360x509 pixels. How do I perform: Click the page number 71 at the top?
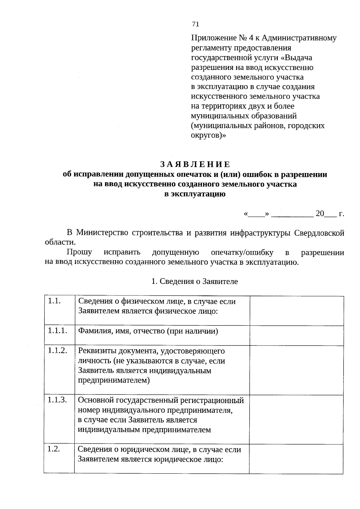[195, 24]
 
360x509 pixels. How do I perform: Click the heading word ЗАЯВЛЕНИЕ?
[195, 164]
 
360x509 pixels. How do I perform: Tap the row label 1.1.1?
[57, 331]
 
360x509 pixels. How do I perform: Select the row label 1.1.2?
[57, 350]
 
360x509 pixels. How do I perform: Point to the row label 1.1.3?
[57, 400]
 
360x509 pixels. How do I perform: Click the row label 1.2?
[54, 449]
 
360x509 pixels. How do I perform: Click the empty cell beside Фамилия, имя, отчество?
[296, 335]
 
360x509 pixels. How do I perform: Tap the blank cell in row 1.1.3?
[296, 419]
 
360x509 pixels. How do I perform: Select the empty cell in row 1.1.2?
[296, 370]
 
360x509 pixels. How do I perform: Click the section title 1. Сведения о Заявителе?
[195, 281]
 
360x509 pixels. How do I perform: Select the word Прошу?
[79, 252]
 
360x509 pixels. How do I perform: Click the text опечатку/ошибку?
[242, 252]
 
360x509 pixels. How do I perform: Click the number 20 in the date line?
[320, 213]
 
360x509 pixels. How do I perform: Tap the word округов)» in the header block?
[208, 135]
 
